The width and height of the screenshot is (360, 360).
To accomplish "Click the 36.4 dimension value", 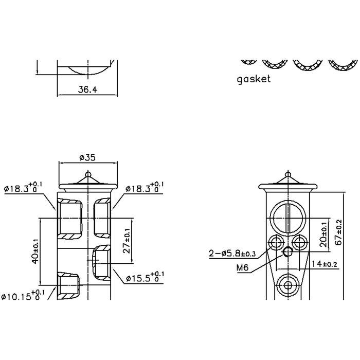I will tap(88, 89).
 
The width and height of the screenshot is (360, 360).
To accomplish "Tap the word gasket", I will tap(254, 79).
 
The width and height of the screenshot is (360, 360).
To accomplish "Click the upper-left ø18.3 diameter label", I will tap(23, 188).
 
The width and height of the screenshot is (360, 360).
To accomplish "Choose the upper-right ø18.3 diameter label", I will tap(144, 188).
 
